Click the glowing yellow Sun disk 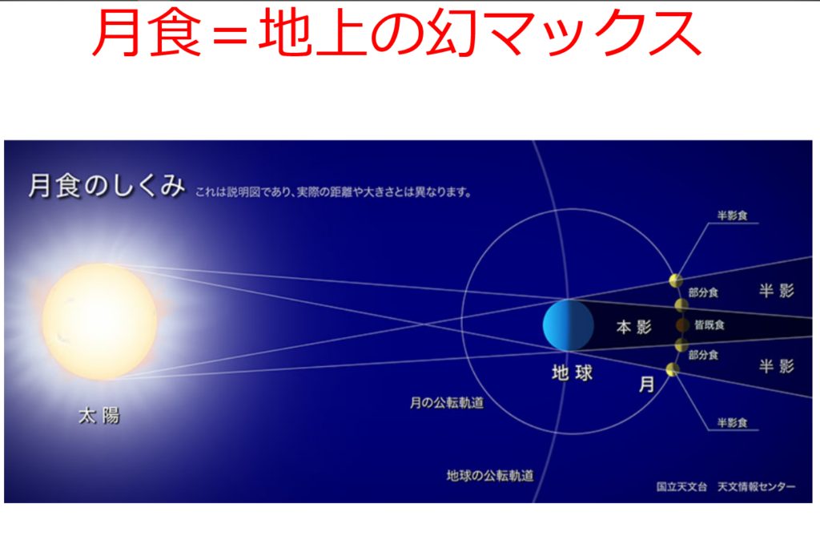(100, 321)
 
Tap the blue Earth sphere (568, 325)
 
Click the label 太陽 (99, 416)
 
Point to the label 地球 (572, 373)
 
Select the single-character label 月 (647, 385)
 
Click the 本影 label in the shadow (634, 327)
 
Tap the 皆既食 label (709, 325)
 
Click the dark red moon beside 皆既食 (682, 325)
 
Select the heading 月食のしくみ (107, 186)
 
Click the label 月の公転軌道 (447, 402)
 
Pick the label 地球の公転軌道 (490, 475)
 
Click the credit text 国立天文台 (681, 487)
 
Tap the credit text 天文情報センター (756, 487)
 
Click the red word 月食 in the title (147, 33)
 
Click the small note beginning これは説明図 (334, 192)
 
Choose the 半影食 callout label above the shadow (732, 216)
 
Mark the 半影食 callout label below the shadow (732, 423)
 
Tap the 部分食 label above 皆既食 (703, 292)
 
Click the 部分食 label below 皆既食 (703, 355)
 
